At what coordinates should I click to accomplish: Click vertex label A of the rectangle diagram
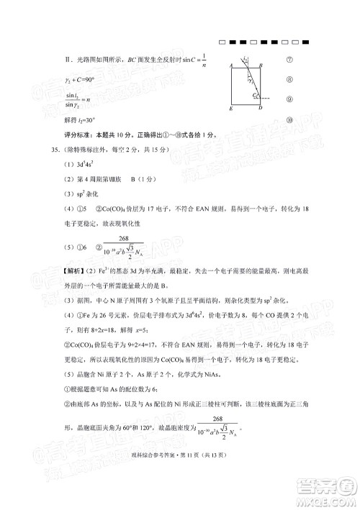click(x=230, y=64)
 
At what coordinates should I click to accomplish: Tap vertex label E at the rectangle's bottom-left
click(x=230, y=109)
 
